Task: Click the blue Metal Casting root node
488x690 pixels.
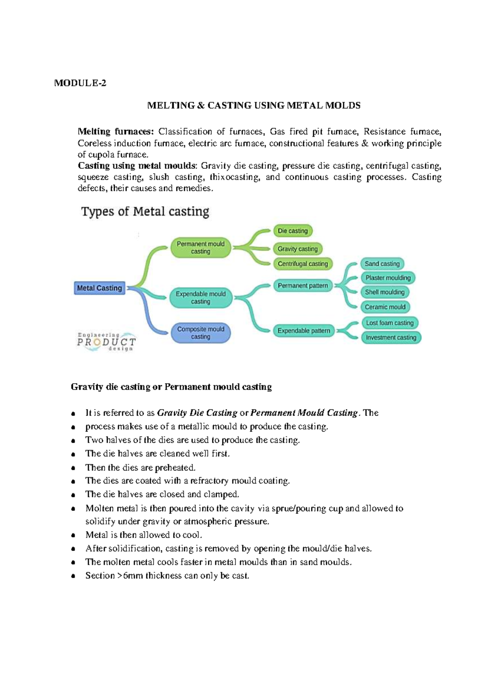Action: [x=100, y=288]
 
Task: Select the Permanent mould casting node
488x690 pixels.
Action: [x=200, y=248]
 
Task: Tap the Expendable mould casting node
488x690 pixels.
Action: [x=200, y=297]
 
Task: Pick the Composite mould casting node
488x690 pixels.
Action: [x=200, y=333]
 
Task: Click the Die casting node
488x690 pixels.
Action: [x=293, y=231]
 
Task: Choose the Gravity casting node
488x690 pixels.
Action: [x=298, y=249]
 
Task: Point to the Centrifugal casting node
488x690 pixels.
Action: [x=303, y=264]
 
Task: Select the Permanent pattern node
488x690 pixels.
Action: [x=303, y=286]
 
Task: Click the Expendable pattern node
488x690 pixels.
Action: [x=304, y=331]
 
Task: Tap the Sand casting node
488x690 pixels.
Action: [x=382, y=264]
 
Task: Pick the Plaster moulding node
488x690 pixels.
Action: [x=388, y=278]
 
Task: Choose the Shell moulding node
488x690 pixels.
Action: [x=385, y=292]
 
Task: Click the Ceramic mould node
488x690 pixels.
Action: [x=385, y=307]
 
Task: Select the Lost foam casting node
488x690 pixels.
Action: [x=390, y=323]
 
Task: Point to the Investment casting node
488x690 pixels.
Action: [x=391, y=338]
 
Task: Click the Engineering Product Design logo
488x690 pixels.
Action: [x=106, y=341]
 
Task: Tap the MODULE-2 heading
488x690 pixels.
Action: [x=80, y=83]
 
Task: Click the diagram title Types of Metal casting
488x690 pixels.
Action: [x=145, y=212]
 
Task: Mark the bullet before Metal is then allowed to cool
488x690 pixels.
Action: [x=73, y=536]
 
